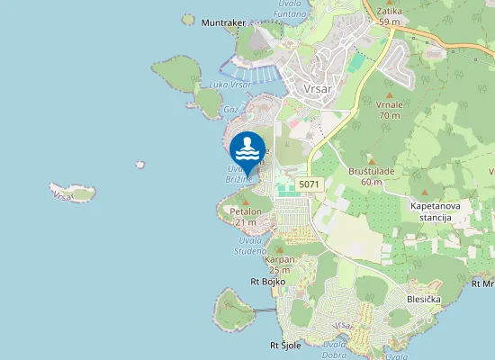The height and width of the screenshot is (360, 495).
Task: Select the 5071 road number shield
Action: pyautogui.click(x=309, y=184)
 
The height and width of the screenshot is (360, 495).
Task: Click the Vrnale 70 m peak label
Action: pyautogui.click(x=389, y=110)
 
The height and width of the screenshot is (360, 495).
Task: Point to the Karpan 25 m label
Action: pyautogui.click(x=280, y=265)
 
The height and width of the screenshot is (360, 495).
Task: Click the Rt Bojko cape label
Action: pyautogui.click(x=267, y=282)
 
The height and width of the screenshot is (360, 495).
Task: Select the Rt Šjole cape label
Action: pyautogui.click(x=285, y=345)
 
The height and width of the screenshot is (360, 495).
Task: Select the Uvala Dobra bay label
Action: pyautogui.click(x=335, y=349)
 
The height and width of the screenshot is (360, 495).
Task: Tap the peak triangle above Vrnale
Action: pyautogui.click(x=389, y=94)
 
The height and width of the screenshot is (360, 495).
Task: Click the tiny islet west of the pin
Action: pyautogui.click(x=140, y=165)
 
